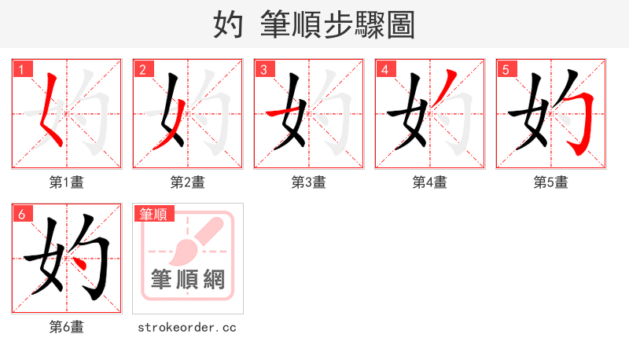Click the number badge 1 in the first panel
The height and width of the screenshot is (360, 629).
(x=21, y=70)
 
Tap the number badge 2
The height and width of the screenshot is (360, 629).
(x=142, y=70)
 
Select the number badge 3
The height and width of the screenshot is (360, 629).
(x=263, y=70)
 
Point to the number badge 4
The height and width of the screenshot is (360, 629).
(x=384, y=70)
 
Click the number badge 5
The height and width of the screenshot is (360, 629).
(x=506, y=70)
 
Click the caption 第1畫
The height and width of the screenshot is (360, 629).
(x=67, y=182)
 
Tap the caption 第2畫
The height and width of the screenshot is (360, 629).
(x=188, y=182)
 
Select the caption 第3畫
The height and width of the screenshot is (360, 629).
(x=309, y=182)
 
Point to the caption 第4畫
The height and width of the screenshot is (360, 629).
(x=430, y=182)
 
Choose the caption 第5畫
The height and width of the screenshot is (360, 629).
(x=551, y=182)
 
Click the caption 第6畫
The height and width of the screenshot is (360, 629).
(x=67, y=327)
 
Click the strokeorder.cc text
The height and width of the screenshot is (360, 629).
(x=187, y=327)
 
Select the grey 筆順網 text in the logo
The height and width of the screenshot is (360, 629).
(x=188, y=280)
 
